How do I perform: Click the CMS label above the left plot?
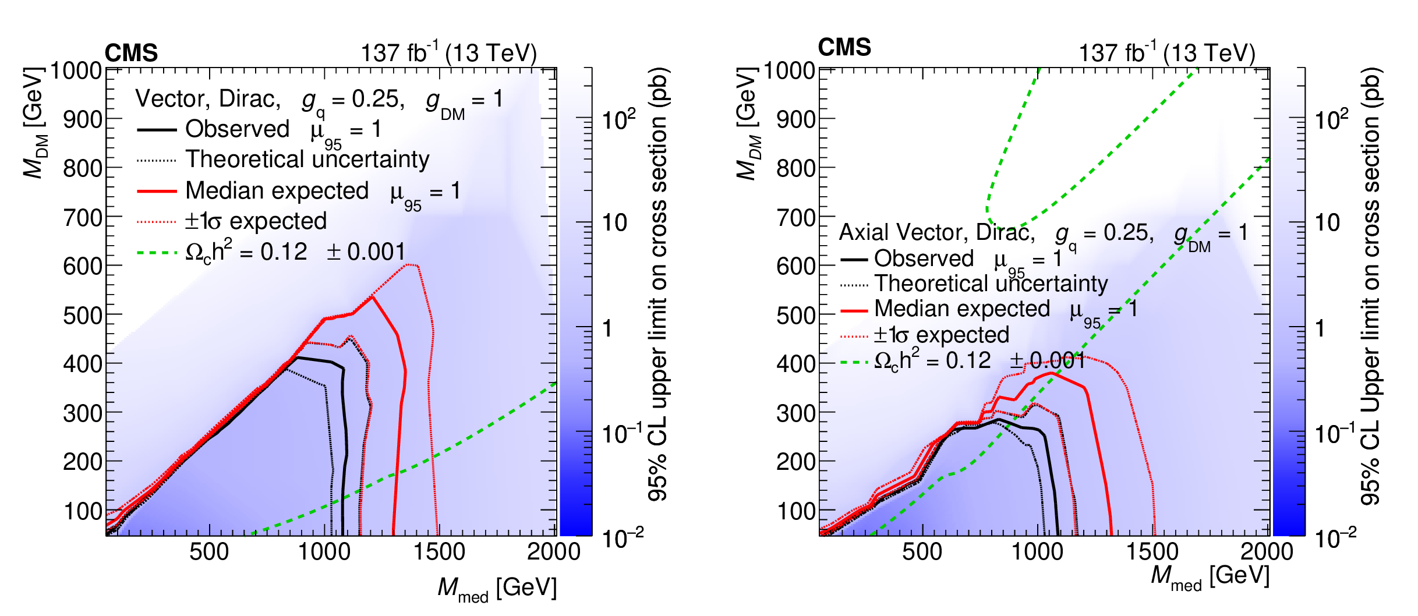point(131,53)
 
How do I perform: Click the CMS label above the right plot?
point(844,47)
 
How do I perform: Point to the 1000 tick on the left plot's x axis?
point(324,551)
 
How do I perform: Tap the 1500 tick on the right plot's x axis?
point(1152,551)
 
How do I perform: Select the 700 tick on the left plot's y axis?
point(83,218)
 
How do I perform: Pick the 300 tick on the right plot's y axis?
point(796,413)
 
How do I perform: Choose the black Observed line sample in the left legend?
point(157,130)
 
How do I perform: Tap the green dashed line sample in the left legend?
point(157,253)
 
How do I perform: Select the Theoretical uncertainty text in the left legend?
point(307,160)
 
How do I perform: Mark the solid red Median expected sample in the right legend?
point(854,311)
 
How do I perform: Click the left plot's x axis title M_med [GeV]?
point(497,588)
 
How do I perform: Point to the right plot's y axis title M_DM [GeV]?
point(748,123)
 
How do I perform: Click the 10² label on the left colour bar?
point(618,119)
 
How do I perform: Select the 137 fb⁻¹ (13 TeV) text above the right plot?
point(1166,53)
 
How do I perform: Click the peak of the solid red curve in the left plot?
point(373,297)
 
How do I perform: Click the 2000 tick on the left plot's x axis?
point(553,551)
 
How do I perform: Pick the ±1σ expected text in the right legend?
point(941,335)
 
